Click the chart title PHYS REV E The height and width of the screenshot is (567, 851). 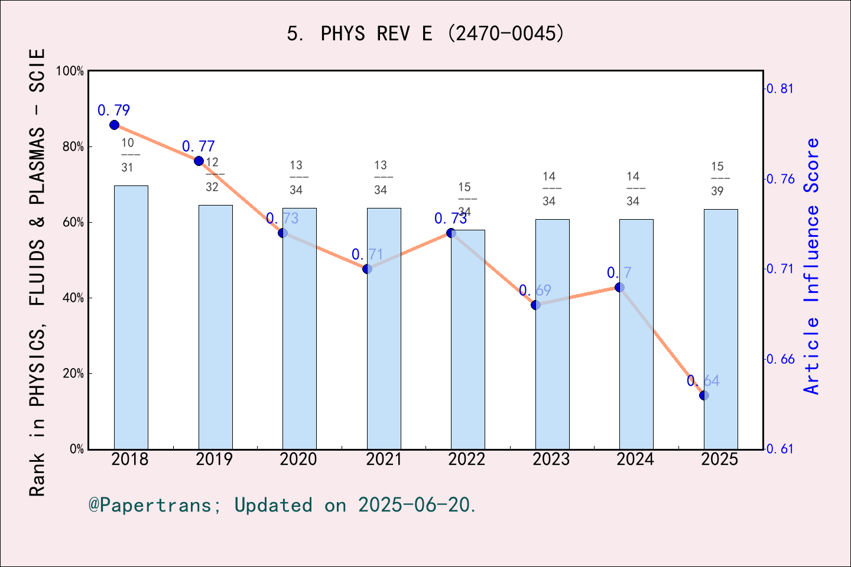pos(425,33)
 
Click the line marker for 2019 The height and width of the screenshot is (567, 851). pos(199,161)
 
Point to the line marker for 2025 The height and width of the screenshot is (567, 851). pos(704,395)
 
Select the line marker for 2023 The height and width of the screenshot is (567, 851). pos(535,305)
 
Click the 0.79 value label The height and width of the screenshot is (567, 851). pos(113,110)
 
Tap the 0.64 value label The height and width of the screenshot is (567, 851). pos(703,381)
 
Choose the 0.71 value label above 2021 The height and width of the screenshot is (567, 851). pos(367,255)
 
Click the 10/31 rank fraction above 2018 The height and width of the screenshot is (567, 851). pos(128,155)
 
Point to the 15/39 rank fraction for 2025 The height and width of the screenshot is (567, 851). pos(717,178)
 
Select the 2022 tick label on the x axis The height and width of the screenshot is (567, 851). pos(467,460)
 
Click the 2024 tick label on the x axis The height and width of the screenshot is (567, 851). pos(635,460)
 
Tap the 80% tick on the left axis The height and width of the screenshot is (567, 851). pos(73,147)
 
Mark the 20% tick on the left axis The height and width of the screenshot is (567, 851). pos(73,374)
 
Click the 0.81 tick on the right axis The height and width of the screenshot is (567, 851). pos(780,89)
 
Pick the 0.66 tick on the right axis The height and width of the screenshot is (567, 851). pos(780,359)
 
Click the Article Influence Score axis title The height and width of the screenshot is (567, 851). pos(812,266)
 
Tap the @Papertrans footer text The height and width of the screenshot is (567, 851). pos(282,505)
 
